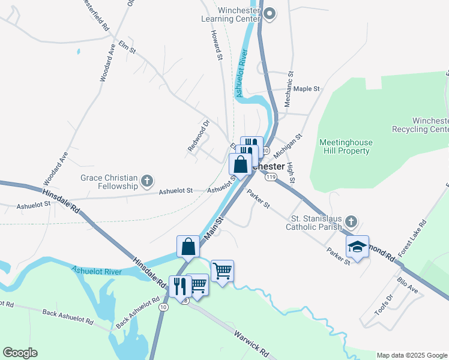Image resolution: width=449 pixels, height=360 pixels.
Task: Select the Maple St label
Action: click(x=307, y=89)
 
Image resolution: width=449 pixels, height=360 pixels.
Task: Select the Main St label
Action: click(x=213, y=229)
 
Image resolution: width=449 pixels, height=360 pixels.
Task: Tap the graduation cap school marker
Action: click(x=357, y=247)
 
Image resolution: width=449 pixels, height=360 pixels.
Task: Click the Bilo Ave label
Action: click(x=408, y=284)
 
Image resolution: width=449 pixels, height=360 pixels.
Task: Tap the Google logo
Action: click(x=20, y=353)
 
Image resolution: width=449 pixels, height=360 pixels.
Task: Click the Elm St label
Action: click(x=128, y=46)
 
